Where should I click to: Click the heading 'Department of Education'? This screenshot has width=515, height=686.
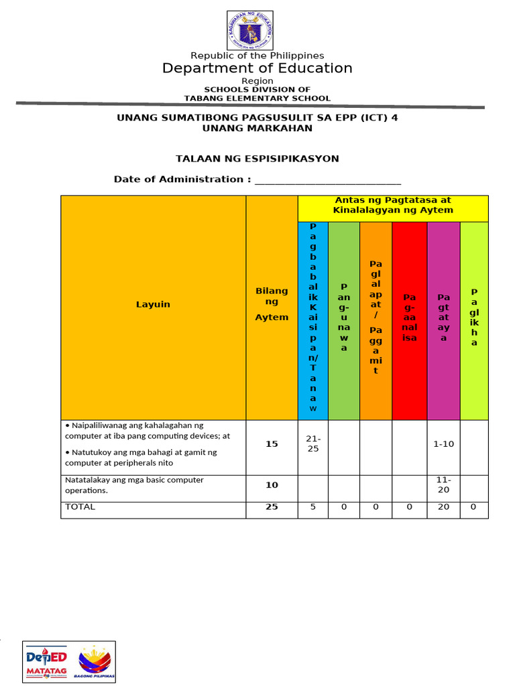pos(257,68)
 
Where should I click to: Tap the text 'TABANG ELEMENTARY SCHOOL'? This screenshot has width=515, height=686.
pos(257,98)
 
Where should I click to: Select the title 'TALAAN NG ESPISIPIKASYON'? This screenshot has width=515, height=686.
pos(257,159)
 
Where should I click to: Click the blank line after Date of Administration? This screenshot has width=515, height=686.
pos(328,180)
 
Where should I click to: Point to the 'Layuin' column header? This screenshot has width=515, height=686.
pos(153,304)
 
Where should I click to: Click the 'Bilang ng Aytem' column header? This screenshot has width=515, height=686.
pos(272,304)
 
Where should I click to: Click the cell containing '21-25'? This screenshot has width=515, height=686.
pos(313,443)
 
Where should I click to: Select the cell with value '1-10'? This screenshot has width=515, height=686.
pos(443,443)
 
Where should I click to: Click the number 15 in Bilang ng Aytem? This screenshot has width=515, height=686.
pos(272,443)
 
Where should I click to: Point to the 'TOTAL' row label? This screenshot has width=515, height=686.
pos(80,507)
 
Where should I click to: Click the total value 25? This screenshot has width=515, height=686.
pos(272,507)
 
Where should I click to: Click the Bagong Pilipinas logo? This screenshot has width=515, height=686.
pos(96,661)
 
